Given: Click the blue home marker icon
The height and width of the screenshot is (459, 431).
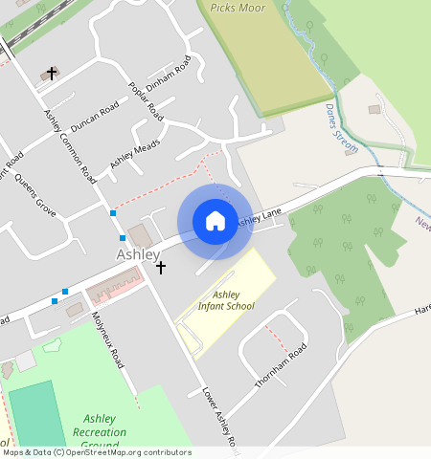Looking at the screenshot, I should click(215, 221).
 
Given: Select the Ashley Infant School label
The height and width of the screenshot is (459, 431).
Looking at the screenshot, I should click(226, 300).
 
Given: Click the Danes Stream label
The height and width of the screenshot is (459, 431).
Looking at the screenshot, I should click(340, 120).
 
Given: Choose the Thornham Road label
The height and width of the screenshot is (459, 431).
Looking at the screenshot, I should click(281, 364).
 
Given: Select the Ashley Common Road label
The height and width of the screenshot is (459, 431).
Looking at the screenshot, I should click(70, 145).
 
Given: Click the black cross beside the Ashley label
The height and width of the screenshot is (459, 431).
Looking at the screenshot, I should click(161, 269).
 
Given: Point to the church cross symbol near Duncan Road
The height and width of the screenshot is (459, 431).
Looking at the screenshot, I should click(51, 74).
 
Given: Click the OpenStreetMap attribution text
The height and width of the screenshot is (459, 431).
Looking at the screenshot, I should click(96, 452).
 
